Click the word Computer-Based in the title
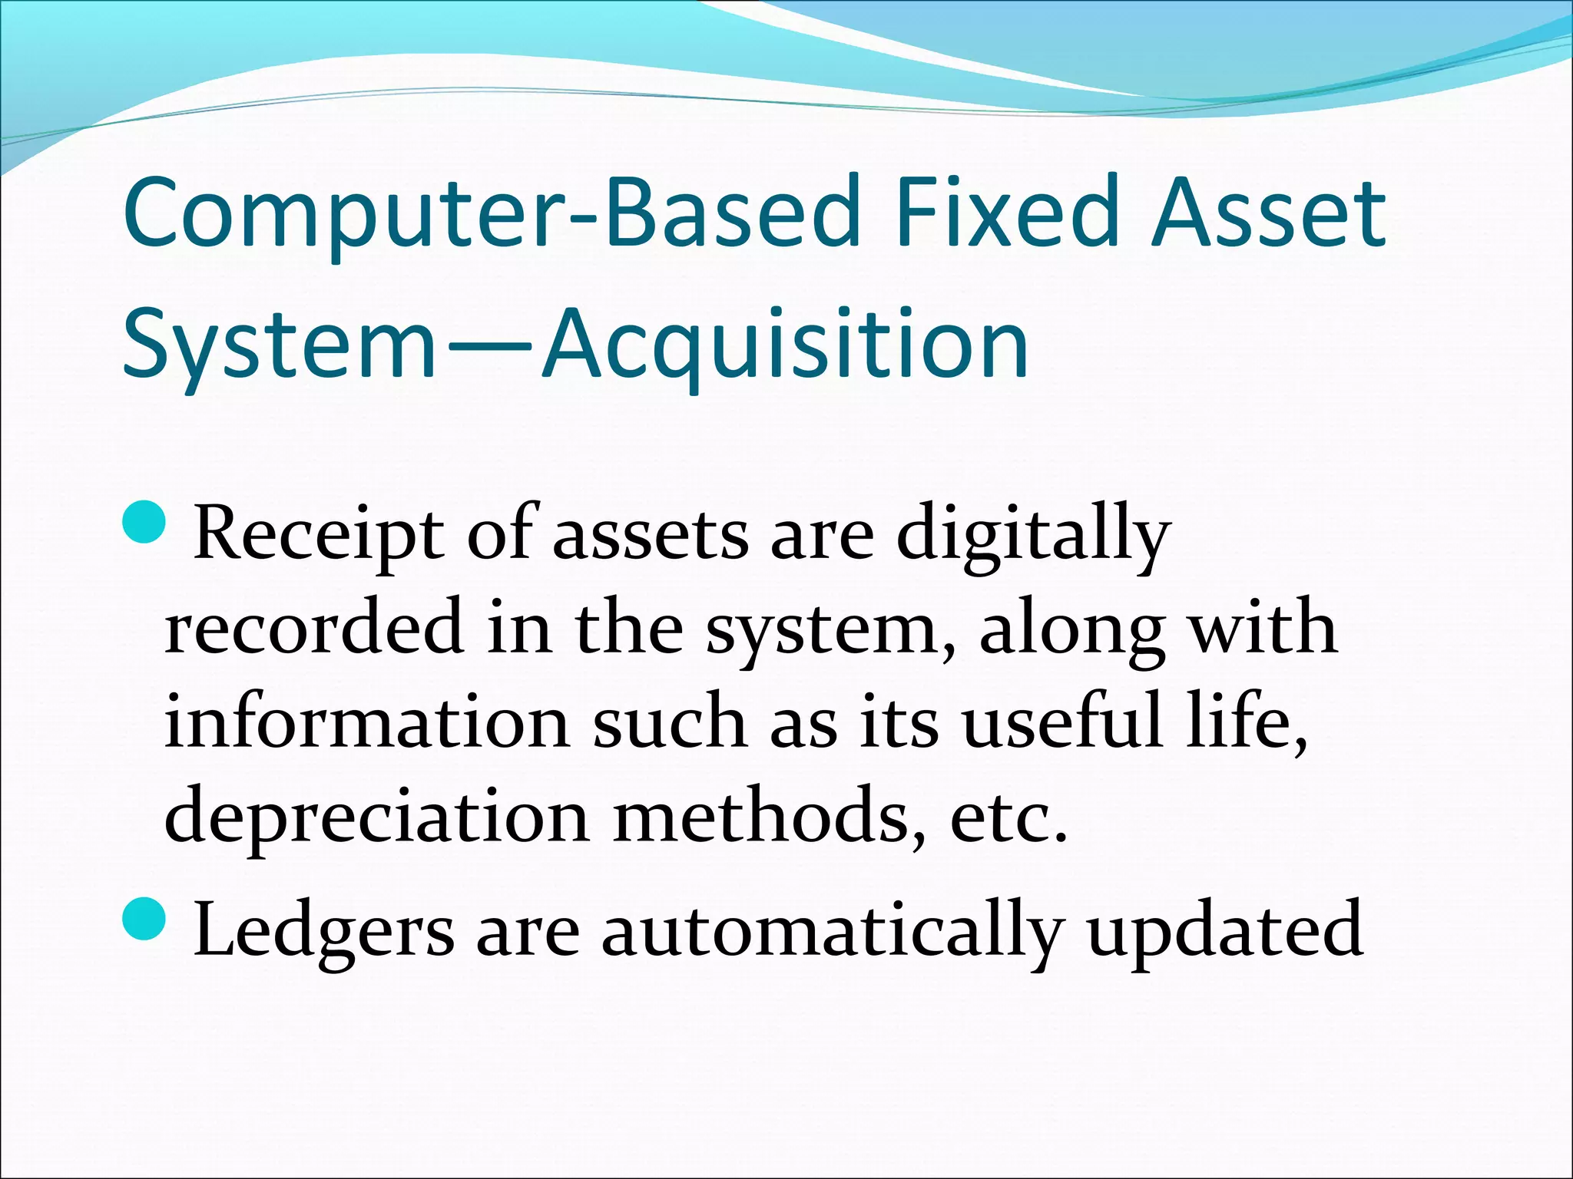[x=490, y=213]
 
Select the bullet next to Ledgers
[x=144, y=919]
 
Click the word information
[x=366, y=722]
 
